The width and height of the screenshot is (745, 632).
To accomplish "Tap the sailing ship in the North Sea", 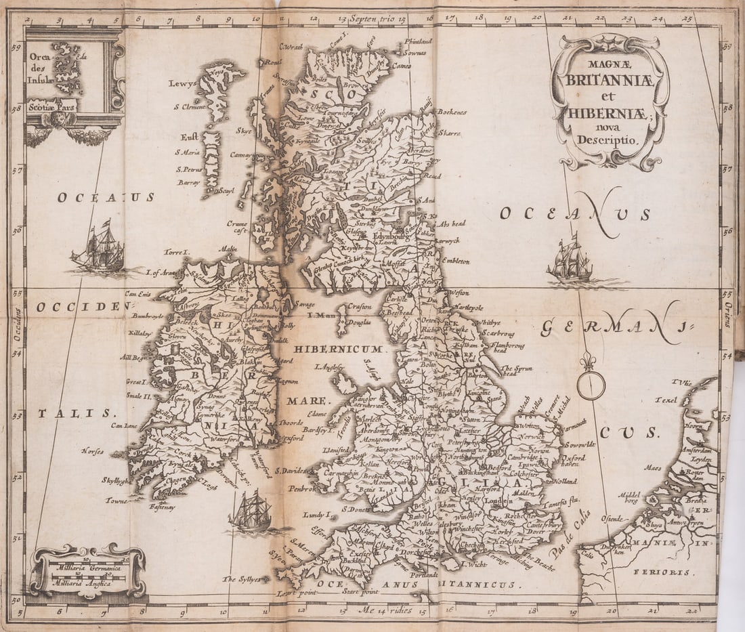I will coord(570,261).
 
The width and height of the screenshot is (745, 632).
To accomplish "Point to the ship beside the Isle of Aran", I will coord(100,249).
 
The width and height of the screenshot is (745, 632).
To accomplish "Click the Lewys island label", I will coord(182,83).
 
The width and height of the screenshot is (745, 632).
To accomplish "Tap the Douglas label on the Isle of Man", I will coord(360,322).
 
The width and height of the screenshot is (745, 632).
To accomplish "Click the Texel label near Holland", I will coord(665,400).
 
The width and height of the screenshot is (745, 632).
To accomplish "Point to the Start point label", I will coord(359,591).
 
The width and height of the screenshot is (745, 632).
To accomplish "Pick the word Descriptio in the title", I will coord(611,140).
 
